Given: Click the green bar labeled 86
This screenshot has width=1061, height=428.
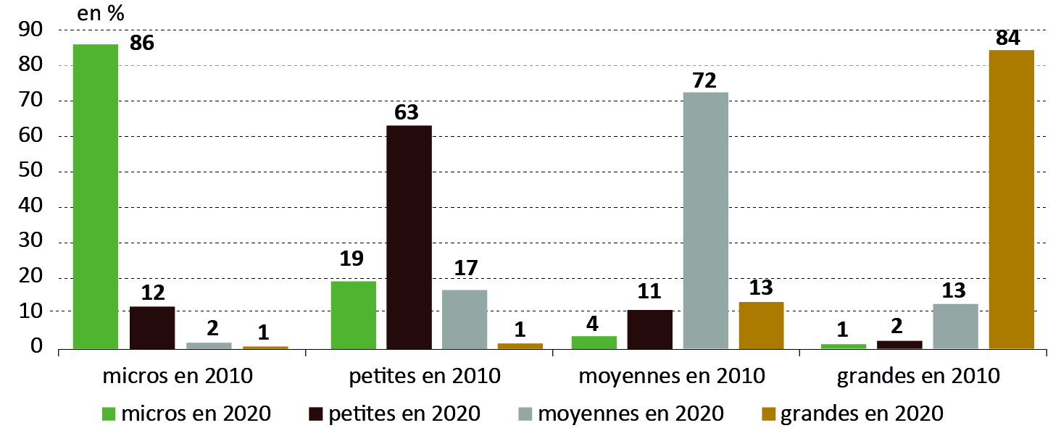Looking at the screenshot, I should (96, 196).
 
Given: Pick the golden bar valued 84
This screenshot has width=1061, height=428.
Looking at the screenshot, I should (1011, 199).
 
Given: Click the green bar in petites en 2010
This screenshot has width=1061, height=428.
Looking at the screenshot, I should (353, 314).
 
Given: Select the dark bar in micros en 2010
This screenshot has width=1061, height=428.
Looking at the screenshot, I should (152, 327).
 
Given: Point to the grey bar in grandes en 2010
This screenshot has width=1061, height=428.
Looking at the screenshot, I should (955, 326).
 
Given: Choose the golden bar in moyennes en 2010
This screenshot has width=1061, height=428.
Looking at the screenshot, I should (761, 324).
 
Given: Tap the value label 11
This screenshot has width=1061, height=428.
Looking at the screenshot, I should (649, 292).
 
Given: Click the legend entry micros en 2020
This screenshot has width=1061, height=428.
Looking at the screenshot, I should (186, 414).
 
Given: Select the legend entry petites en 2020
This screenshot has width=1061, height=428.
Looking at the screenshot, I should (394, 414).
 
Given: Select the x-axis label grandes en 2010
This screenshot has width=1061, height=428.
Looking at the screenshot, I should (918, 377).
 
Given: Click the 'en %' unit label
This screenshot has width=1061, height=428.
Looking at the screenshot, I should (100, 12).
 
